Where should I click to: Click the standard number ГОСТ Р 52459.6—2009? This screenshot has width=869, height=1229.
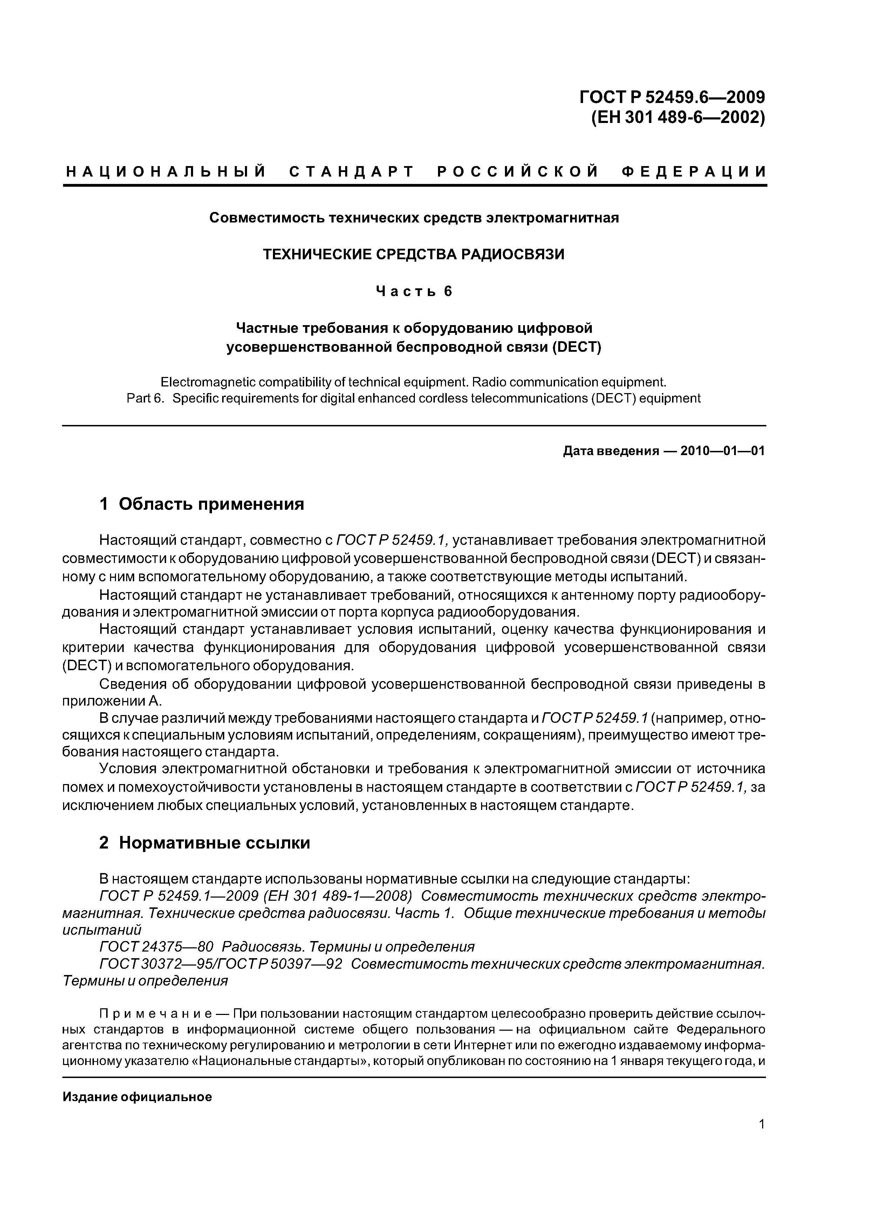tap(672, 97)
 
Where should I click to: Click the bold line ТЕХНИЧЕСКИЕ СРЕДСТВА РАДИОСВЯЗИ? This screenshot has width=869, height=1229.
tap(413, 254)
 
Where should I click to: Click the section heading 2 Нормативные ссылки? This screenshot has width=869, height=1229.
tap(205, 843)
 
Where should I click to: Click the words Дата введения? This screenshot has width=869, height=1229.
tap(610, 451)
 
